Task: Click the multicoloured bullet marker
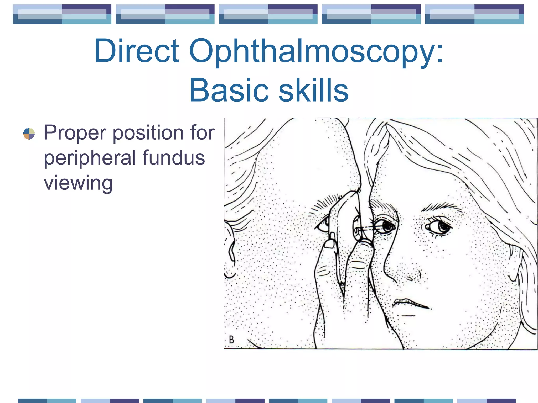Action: pos(29,134)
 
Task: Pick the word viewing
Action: pos(78,183)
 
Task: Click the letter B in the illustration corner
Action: pos(231,340)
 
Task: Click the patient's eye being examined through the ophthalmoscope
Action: pos(386,226)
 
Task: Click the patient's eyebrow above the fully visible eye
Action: pos(441,207)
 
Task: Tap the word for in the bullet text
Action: pos(202,132)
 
